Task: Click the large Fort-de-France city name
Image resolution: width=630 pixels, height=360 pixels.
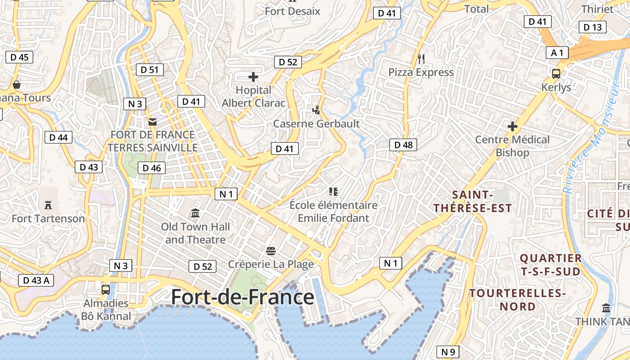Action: [x=243, y=297]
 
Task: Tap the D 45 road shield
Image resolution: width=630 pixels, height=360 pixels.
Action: [x=19, y=57]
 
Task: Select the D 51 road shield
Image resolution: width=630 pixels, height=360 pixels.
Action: [x=150, y=69]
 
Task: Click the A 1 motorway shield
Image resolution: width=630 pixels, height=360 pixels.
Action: [x=557, y=53]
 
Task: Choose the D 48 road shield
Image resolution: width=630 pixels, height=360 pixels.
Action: [x=403, y=144]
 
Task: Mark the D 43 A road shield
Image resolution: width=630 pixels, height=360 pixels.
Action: [x=36, y=280]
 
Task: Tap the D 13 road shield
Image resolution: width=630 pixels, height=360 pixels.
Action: [x=592, y=27]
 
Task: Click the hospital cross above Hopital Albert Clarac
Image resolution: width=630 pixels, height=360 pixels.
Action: [x=253, y=77]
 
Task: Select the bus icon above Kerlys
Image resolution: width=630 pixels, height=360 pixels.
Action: [x=556, y=73]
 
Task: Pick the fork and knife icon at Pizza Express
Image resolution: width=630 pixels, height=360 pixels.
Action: [x=421, y=58]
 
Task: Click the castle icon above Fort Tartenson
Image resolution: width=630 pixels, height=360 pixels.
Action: [x=48, y=205]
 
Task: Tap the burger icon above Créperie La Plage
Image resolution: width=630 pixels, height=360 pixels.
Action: [x=271, y=251]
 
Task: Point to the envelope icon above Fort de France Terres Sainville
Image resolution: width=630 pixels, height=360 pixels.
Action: [x=153, y=121]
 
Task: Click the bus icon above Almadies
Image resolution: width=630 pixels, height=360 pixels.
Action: [x=105, y=290]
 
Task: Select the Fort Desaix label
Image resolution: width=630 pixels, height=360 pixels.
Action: [x=292, y=11]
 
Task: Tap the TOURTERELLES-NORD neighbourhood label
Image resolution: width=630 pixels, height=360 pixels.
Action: [x=517, y=300]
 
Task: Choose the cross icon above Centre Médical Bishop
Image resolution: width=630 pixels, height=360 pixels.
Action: [x=512, y=126]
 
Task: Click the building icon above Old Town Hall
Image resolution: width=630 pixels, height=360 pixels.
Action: [x=195, y=213]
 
